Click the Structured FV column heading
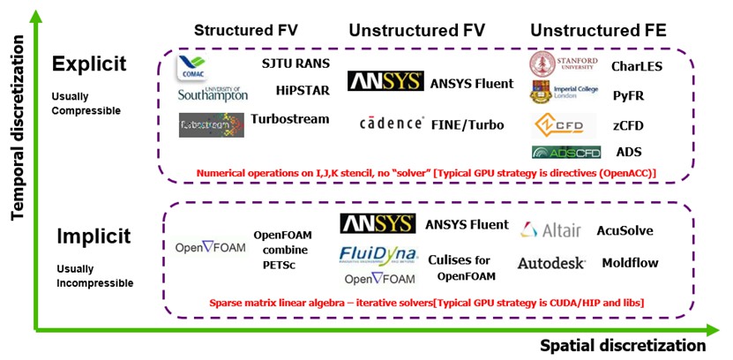pos(245,31)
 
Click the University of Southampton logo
pos(213,93)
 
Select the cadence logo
pos(392,124)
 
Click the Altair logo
pos(551,230)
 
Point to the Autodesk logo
pos(551,263)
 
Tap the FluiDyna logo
pos(378,256)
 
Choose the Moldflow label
pos(631,263)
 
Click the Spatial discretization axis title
pos(623,344)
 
